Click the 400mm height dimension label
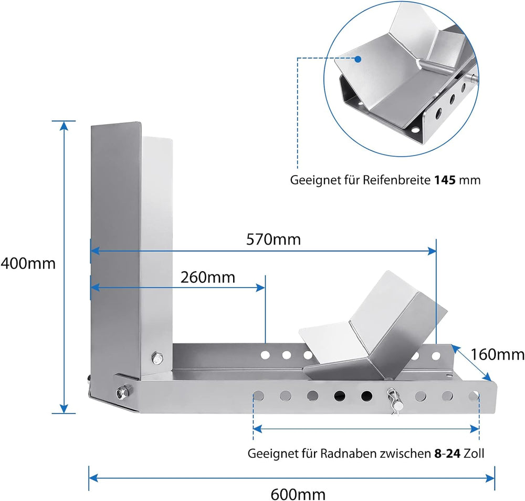28,263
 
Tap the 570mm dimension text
274,239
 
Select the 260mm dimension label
208,278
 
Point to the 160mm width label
498,354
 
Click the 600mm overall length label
298,494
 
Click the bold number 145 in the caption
445,180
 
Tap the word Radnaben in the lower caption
348,453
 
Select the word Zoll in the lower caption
474,453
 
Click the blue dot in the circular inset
358,59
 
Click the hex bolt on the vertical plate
156,357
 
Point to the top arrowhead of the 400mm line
64,125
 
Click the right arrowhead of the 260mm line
261,288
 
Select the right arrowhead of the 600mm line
490,477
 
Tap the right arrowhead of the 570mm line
432,251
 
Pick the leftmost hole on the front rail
258,396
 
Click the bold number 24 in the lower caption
454,453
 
